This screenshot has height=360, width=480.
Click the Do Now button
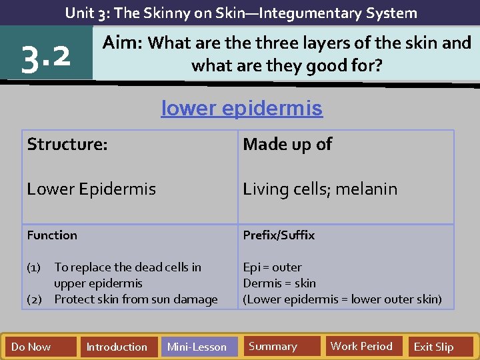31,347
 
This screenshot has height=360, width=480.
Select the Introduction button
117,347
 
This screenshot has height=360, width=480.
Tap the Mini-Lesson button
197,347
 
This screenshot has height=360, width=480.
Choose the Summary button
273,346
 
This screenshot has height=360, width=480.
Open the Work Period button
361,346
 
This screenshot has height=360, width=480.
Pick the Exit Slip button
433,347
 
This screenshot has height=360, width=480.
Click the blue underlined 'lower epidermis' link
241,108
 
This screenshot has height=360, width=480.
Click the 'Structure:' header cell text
67,144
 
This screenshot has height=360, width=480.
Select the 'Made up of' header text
287,144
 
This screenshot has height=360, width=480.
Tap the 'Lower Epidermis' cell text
91,189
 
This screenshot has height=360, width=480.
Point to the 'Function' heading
52,235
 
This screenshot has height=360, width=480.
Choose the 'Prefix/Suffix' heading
279,235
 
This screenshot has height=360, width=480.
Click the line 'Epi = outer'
272,267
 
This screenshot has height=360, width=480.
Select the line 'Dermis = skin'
279,283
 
